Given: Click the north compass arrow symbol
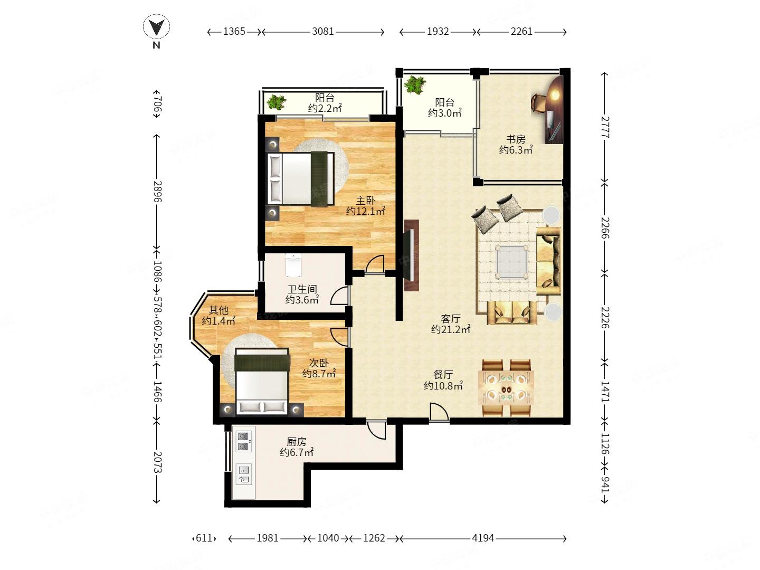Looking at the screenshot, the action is pos(156,27).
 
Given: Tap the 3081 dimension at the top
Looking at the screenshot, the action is pos(322,32).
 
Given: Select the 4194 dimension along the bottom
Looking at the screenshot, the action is pos(483,538).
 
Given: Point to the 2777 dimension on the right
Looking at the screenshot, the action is pos(604,127).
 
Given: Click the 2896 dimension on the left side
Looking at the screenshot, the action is pos(157,192).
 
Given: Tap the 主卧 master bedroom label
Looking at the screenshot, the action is pos(366,201).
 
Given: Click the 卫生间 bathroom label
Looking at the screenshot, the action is pos(302,289).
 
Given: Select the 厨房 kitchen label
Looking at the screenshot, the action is pos(297,442).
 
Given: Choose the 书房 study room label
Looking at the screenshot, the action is pos(516,139).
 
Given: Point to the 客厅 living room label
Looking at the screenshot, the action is pos(451,318).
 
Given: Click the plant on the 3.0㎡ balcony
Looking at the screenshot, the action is pos(414,85).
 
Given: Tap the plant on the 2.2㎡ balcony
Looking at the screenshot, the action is pos(277,102).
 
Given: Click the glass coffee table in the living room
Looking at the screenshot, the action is pos(511,262).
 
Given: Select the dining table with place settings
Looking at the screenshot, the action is pos(506,387).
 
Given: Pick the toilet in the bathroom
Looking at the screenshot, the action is pos(293,265).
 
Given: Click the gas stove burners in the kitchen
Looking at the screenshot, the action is pos(243,441).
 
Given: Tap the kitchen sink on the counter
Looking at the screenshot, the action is pos(244,474).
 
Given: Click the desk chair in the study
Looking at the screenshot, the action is pos(538,102).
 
